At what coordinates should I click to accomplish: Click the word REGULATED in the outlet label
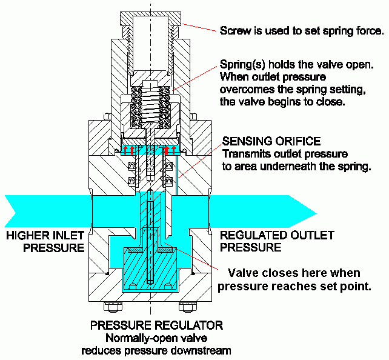click(x=249, y=236)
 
